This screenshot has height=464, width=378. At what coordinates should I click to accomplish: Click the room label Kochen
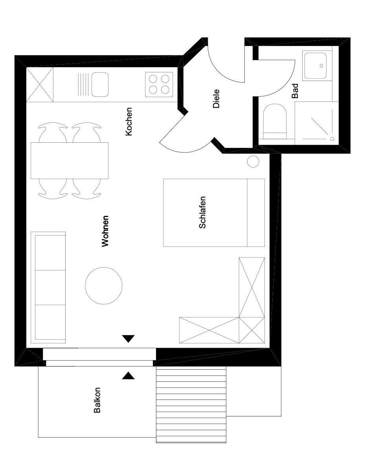pyautogui.click(x=128, y=122)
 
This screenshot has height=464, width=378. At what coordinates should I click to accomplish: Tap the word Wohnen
pyautogui.click(x=105, y=231)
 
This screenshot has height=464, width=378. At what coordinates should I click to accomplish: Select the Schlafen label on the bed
pyautogui.click(x=202, y=212)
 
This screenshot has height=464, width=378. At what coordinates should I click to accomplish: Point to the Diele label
pyautogui.click(x=216, y=99)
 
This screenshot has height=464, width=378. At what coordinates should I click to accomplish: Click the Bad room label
pyautogui.click(x=295, y=91)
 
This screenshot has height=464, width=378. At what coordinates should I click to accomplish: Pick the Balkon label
pyautogui.click(x=97, y=400)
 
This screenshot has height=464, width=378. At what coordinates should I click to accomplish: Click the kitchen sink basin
pyautogui.click(x=100, y=84)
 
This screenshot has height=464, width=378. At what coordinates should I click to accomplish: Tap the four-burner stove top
pyautogui.click(x=159, y=84)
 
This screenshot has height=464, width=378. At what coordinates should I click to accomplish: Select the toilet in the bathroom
pyautogui.click(x=275, y=122)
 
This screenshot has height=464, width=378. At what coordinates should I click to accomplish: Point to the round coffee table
pyautogui.click(x=103, y=285)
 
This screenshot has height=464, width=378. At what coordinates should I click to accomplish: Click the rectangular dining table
pyautogui.click(x=70, y=161)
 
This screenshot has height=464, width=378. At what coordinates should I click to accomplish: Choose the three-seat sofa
pyautogui.click(x=48, y=287)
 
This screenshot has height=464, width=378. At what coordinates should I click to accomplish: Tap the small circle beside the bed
pyautogui.click(x=253, y=162)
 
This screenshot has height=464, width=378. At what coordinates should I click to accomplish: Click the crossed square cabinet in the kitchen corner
pyautogui.click(x=40, y=85)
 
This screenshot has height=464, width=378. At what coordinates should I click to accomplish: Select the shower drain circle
pyautogui.click(x=332, y=139)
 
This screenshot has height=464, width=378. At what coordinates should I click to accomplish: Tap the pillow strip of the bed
pyautogui.click(x=256, y=212)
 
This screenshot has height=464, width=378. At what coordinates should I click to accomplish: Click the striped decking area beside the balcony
pyautogui.click(x=191, y=405)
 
